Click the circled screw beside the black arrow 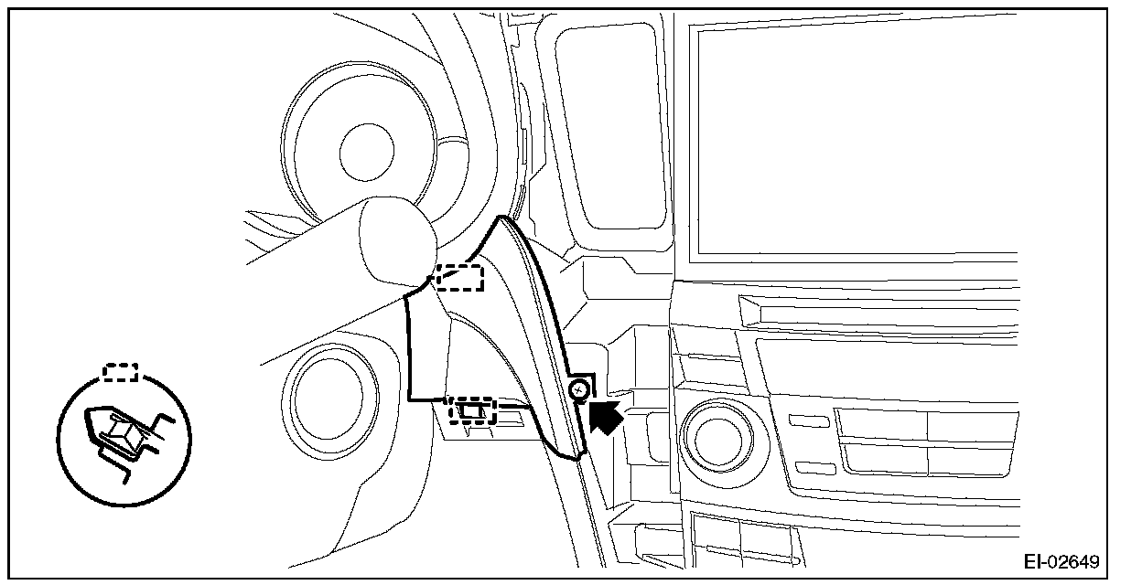click(578, 391)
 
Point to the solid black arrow click(605, 419)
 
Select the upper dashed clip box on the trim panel click(458, 277)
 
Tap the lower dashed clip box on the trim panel click(472, 411)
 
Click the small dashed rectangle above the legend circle click(120, 372)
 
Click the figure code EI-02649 click(1061, 560)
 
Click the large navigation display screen click(851, 137)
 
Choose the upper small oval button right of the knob click(805, 420)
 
